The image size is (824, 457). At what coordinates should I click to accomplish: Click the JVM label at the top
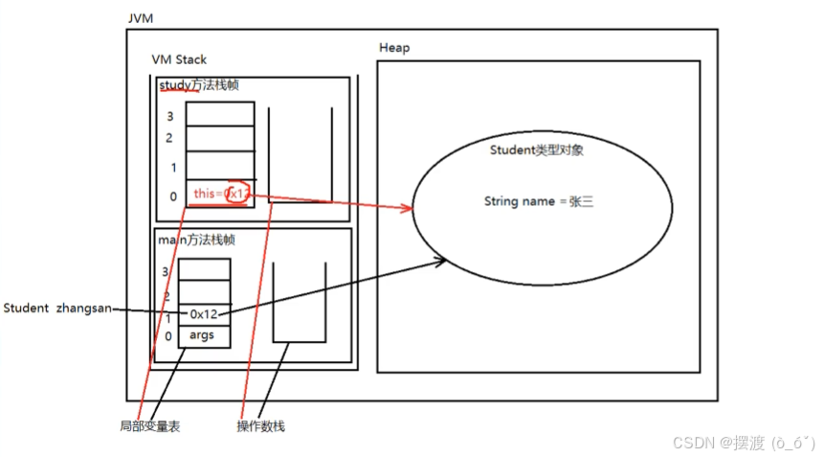(x=141, y=19)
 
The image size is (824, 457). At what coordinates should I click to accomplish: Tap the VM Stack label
(x=179, y=59)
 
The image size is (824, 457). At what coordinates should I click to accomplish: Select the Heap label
(x=394, y=48)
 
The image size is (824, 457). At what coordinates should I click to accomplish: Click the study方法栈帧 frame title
(x=199, y=86)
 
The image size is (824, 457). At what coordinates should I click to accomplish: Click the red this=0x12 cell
(x=220, y=194)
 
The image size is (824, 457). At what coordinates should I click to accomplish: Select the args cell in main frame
(x=202, y=334)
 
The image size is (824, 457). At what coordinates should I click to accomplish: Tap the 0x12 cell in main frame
(x=204, y=313)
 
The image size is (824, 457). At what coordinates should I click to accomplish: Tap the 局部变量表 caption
(x=150, y=426)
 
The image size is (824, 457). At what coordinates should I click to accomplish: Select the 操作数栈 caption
(x=260, y=426)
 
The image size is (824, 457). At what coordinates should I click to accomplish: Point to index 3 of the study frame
(x=170, y=117)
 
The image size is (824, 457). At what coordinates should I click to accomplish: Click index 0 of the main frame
(x=168, y=336)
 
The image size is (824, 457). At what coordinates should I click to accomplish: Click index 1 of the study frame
(x=173, y=168)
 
